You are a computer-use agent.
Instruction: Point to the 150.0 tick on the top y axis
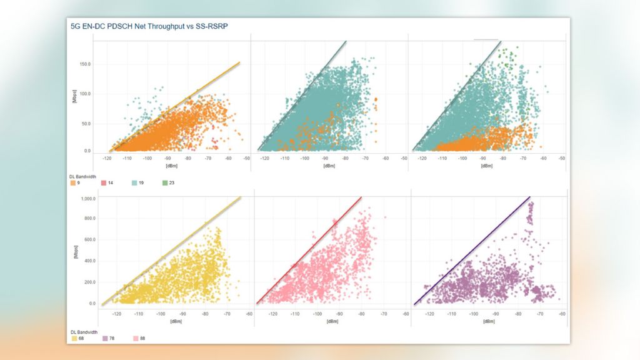(84, 64)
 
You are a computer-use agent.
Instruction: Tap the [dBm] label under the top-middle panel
(329, 166)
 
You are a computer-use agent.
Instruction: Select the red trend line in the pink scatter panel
(312, 250)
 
